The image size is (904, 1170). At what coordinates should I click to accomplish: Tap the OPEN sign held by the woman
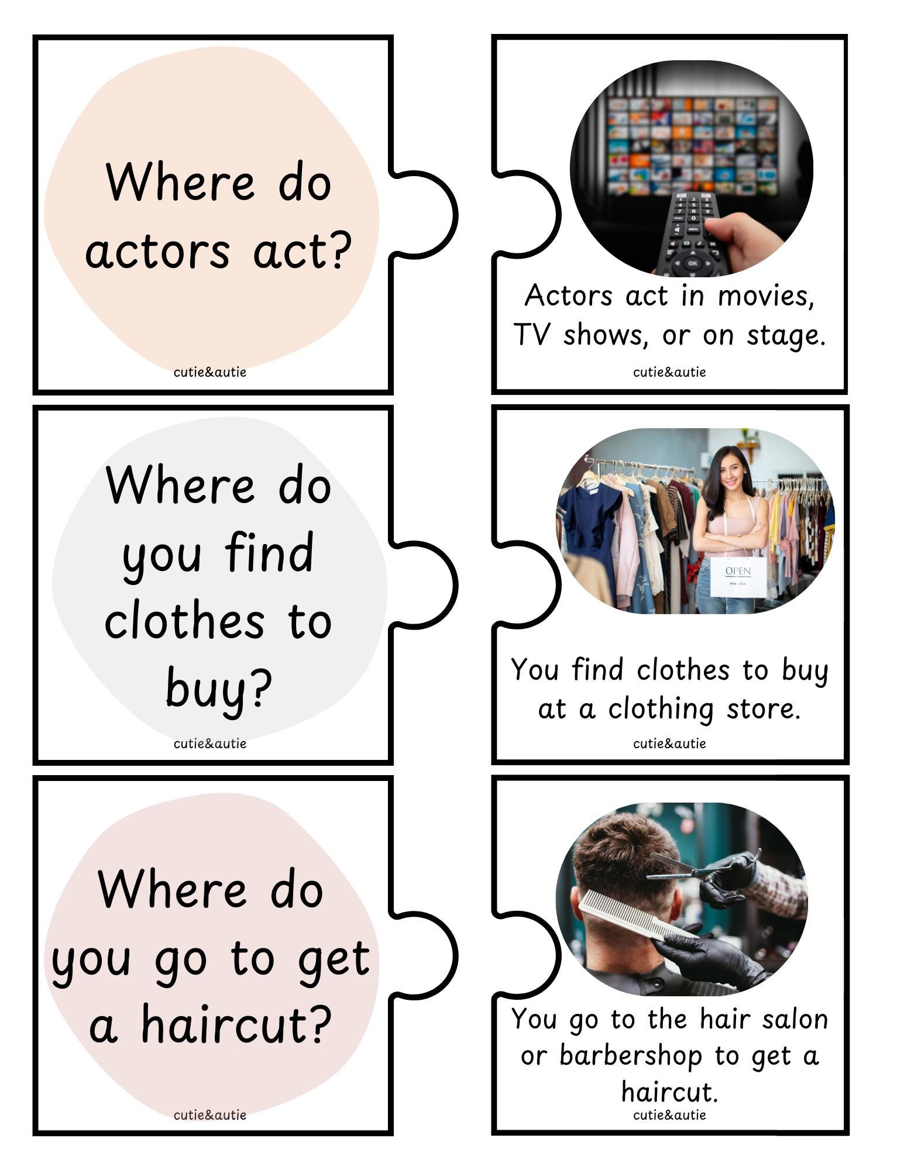coord(737,577)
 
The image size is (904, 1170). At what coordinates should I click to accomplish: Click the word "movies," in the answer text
coord(766,296)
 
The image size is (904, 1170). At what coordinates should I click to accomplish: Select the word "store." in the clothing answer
coord(763,709)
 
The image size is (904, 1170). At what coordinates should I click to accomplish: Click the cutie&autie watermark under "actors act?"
coord(209,372)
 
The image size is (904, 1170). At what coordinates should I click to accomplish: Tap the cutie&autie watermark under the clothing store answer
coord(669,744)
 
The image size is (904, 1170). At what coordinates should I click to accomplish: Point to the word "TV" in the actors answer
coord(532,336)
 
